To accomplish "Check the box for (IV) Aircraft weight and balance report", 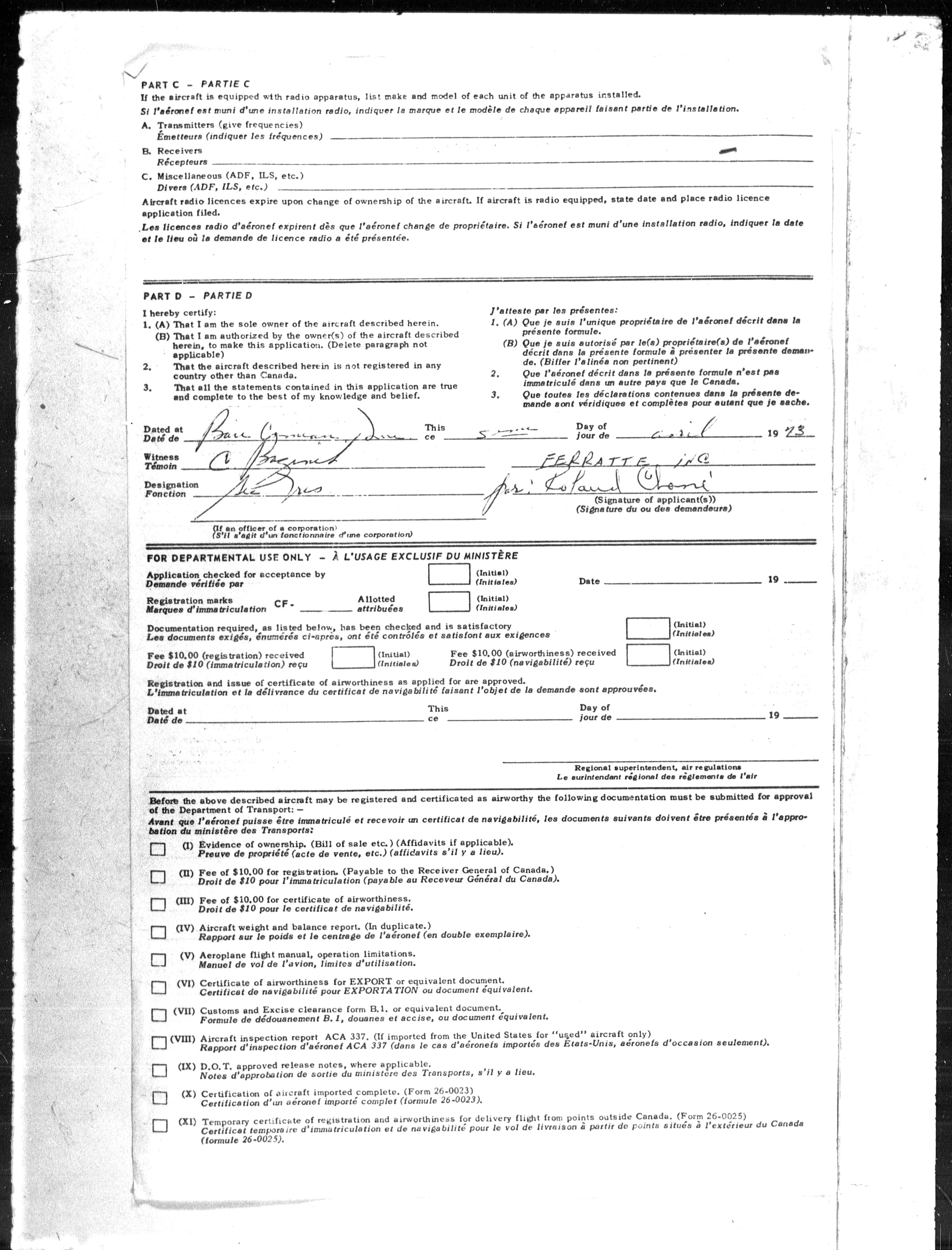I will click(x=159, y=932).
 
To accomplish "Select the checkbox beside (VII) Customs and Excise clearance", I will click(x=159, y=1015).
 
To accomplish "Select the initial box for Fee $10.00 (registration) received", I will click(x=353, y=657).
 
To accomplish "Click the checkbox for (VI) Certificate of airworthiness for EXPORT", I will click(x=159, y=987).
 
